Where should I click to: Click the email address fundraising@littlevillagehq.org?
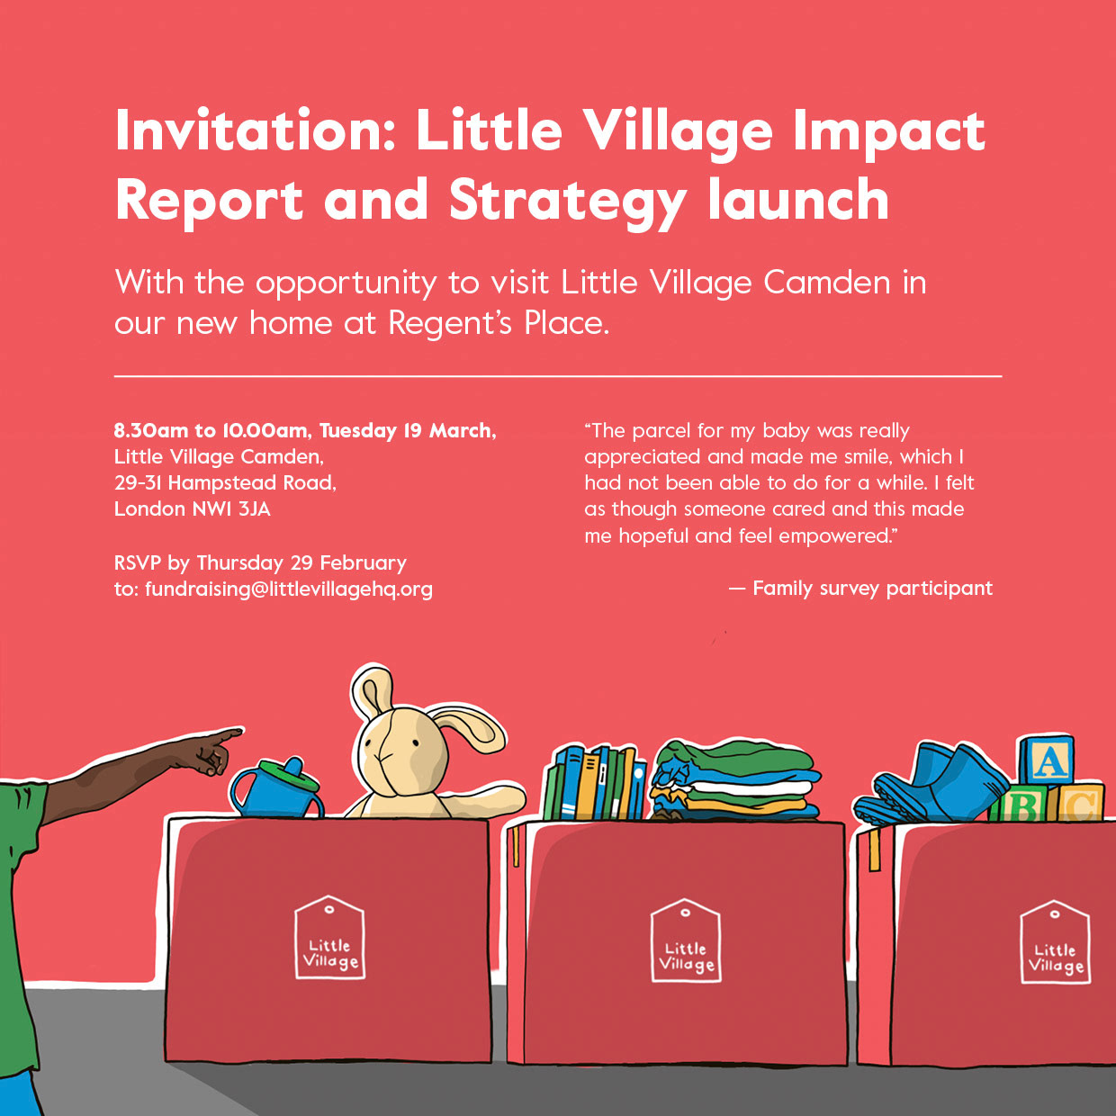coord(288,589)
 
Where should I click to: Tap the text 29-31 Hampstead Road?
coord(224,483)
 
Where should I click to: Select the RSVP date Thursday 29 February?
coord(301,563)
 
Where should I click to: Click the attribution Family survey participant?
coord(872,589)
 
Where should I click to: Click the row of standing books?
coord(594,783)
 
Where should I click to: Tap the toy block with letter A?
coord(1047,761)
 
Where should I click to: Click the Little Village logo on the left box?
coord(329,938)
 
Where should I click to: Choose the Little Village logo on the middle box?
coord(686,940)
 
